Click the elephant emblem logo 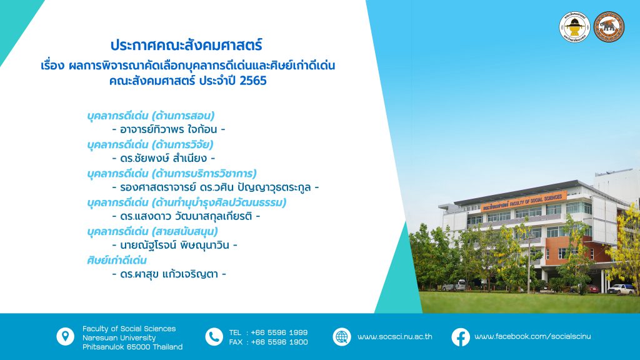[x=609, y=27]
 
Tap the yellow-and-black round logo [x=575, y=27]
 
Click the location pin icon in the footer [x=65, y=337]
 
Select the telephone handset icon [x=214, y=337]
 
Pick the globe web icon [x=342, y=337]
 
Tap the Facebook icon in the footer [x=461, y=337]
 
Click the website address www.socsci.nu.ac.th [x=395, y=337]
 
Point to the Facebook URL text [x=532, y=337]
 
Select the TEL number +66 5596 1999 [x=279, y=332]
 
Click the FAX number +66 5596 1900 [x=279, y=342]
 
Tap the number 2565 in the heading [x=253, y=81]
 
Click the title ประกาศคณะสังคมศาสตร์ [x=186, y=45]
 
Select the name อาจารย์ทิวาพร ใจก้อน [x=169, y=129]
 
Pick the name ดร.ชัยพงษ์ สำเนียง [x=164, y=158]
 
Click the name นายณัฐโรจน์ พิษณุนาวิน [x=175, y=245]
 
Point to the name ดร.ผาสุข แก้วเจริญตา [x=169, y=274]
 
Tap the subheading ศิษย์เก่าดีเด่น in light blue [x=117, y=261]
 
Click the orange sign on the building [x=523, y=202]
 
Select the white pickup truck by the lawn [x=621, y=289]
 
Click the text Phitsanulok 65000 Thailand [x=132, y=347]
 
